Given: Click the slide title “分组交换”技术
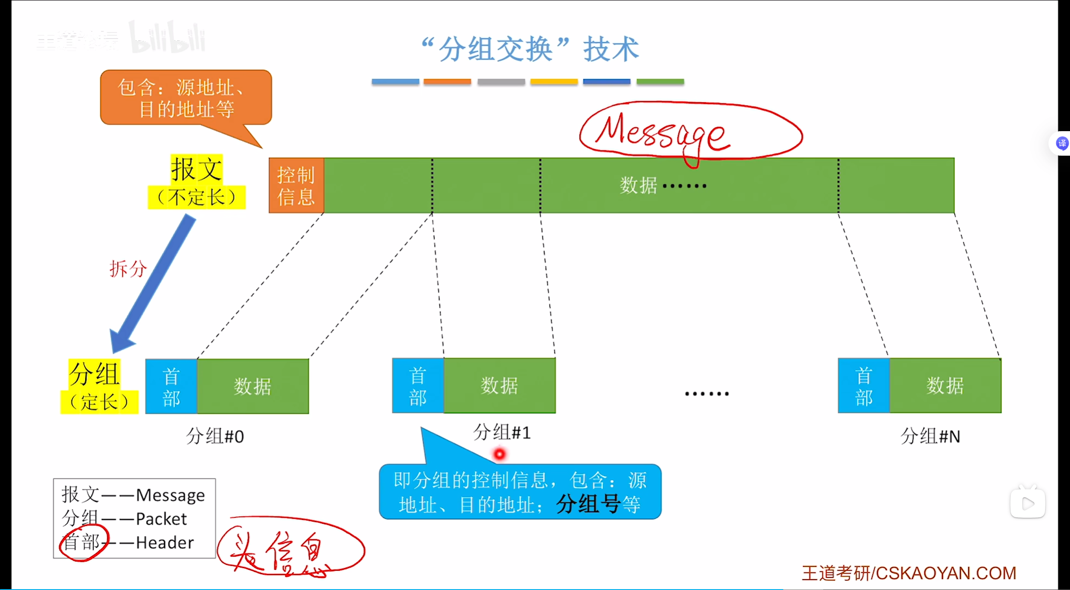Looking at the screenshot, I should click(x=530, y=49).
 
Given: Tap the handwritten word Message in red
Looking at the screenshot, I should click(x=662, y=133).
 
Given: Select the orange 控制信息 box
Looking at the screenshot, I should click(x=296, y=186).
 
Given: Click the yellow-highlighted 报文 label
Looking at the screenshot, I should click(x=197, y=169).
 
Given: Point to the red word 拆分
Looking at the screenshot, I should click(x=128, y=269).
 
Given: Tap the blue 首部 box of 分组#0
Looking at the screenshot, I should click(x=171, y=387).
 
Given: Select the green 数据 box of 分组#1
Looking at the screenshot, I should click(x=499, y=386).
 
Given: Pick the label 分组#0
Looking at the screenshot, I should click(x=215, y=436).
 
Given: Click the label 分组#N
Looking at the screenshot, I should click(x=930, y=436).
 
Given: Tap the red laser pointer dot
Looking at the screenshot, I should click(x=499, y=454).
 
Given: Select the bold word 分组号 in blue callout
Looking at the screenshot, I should click(x=588, y=504).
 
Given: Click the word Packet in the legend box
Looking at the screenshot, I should click(x=161, y=519).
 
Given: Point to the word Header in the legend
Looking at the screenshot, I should click(x=165, y=543).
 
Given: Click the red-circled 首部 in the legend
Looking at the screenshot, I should click(x=82, y=543).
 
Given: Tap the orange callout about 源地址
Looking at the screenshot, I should click(x=186, y=98).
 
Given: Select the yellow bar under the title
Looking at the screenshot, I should click(x=553, y=82).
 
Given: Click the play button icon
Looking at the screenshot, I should click(x=1028, y=503).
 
